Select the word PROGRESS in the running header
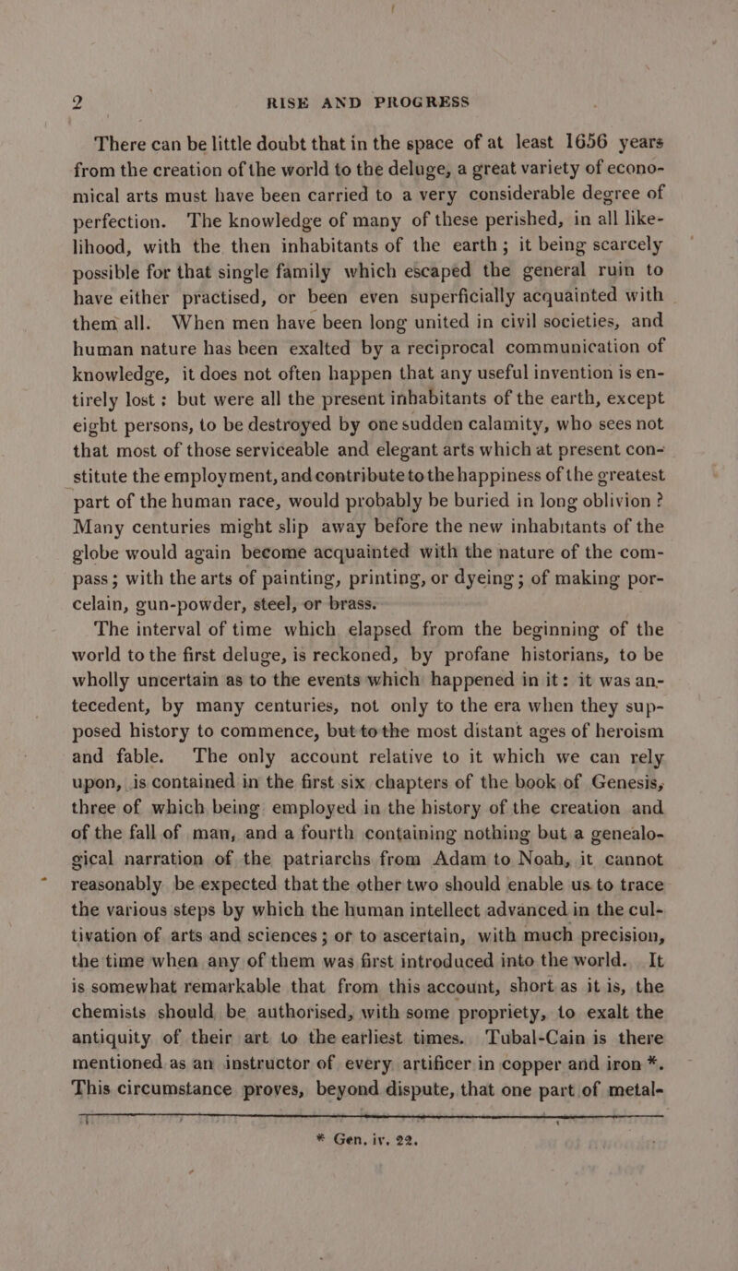click(415, 100)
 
